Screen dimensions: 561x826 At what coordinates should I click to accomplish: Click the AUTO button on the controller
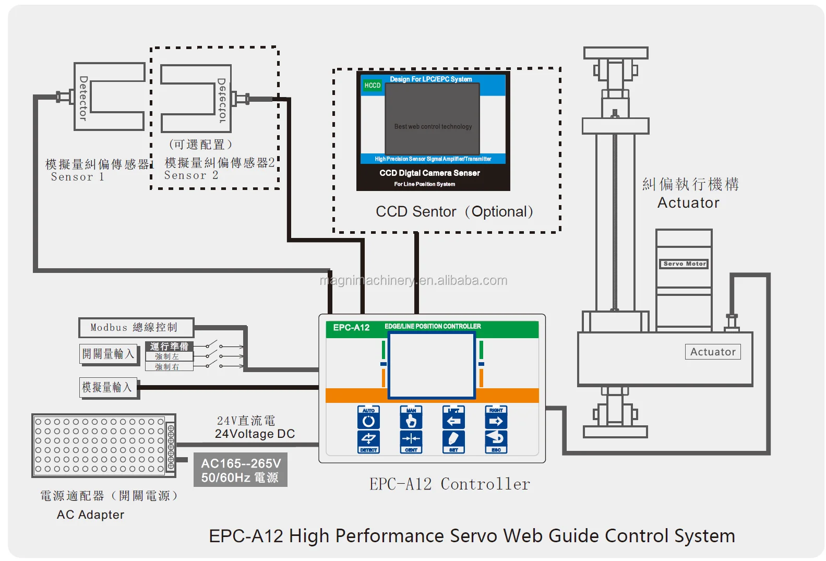coord(368,417)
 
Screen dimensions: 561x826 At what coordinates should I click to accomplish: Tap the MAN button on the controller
coord(411,417)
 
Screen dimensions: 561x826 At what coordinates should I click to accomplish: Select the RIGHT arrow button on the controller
coord(496,417)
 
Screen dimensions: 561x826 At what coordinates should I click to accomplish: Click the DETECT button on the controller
coord(368,441)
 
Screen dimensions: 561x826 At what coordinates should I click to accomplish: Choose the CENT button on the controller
coord(411,441)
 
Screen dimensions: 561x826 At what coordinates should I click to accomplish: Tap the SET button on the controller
coord(453,441)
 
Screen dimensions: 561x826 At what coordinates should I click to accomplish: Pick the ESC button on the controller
coord(496,441)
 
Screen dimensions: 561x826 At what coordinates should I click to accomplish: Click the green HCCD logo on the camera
coord(373,85)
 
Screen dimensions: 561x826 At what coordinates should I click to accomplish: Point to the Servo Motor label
coord(685,264)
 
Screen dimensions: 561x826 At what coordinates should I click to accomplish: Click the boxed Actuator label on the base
coord(713,352)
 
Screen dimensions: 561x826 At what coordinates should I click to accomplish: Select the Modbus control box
coord(136,328)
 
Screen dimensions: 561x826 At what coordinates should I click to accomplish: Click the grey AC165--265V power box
coord(240,470)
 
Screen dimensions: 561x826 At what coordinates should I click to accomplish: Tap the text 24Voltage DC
coord(255,434)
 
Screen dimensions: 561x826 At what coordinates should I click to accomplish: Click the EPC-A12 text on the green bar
coord(351,328)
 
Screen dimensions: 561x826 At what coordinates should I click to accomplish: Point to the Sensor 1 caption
coord(77,177)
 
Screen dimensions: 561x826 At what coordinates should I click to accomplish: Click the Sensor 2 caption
coord(191,175)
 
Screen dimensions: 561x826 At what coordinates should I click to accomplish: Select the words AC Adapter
coord(90,515)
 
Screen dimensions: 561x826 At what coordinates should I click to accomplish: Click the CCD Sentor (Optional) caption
coord(454,212)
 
